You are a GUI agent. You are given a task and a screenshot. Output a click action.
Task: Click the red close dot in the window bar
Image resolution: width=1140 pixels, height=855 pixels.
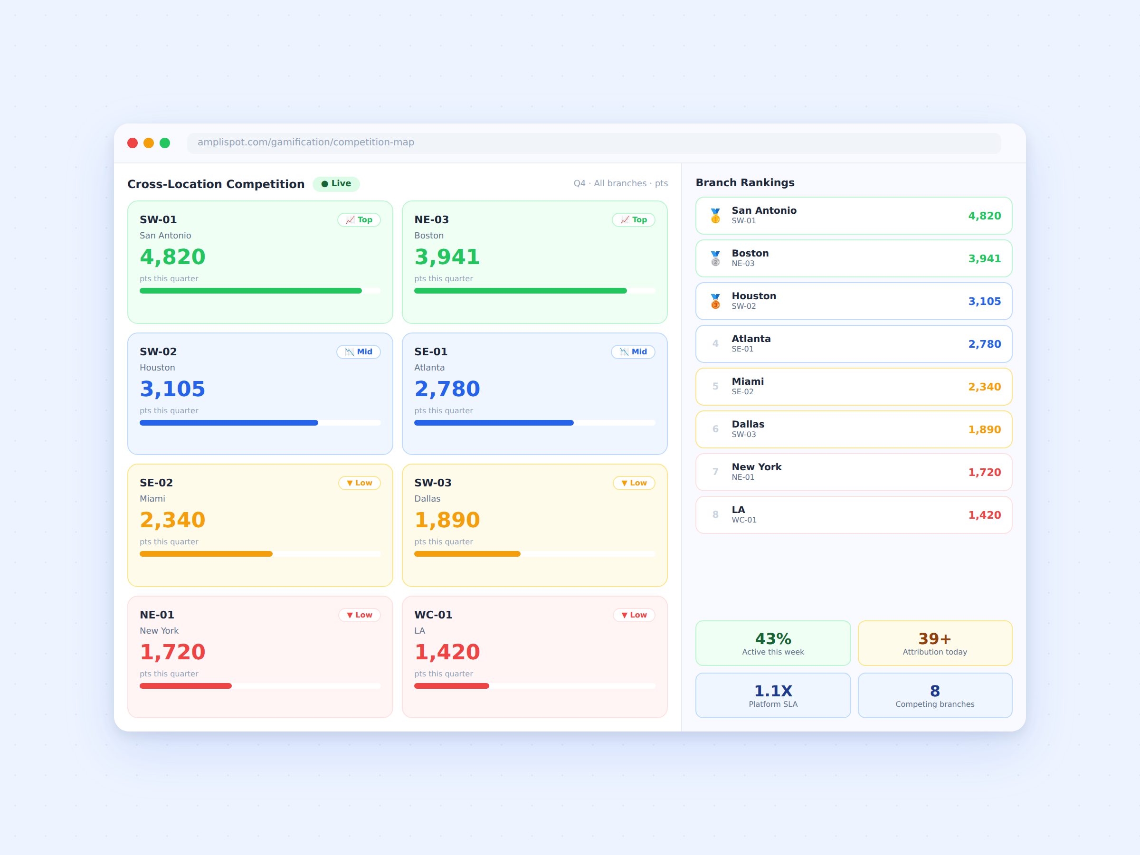(133, 143)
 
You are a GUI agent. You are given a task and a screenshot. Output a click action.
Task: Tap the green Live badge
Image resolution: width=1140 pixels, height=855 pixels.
(336, 183)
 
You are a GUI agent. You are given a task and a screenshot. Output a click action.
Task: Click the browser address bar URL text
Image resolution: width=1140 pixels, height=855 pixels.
(305, 142)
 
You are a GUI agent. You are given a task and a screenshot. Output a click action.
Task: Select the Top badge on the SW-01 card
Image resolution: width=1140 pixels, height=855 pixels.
(359, 219)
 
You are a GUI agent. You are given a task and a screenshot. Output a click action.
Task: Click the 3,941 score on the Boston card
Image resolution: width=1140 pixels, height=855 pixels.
(447, 256)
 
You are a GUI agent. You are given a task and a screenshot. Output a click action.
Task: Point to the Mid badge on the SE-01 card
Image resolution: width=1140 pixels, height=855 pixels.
(633, 351)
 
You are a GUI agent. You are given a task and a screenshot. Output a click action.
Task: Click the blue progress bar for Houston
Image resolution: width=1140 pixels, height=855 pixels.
(229, 423)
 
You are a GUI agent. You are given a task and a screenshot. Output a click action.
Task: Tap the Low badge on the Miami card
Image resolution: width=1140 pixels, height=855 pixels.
(359, 483)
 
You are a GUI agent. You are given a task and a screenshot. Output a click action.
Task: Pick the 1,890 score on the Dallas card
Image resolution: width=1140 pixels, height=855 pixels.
(447, 520)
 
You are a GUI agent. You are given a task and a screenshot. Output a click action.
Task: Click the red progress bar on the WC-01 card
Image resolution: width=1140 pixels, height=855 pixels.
(451, 686)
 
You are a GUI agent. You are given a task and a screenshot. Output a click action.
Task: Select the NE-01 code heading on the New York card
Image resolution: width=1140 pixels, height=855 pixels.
(157, 615)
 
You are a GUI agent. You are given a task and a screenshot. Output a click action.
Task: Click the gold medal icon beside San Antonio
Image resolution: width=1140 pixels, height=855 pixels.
(715, 216)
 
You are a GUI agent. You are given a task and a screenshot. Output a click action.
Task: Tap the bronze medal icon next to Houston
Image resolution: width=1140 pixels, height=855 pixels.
(715, 301)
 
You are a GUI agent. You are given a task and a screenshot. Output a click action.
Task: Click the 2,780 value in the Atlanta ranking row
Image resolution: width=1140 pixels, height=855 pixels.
(984, 344)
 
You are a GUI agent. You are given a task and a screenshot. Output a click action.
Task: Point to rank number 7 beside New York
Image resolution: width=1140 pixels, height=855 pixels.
(715, 472)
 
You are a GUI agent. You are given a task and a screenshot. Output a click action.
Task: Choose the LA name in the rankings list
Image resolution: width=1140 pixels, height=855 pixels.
(738, 510)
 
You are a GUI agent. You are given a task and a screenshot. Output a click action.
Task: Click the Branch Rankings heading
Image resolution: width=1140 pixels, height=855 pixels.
(745, 182)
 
